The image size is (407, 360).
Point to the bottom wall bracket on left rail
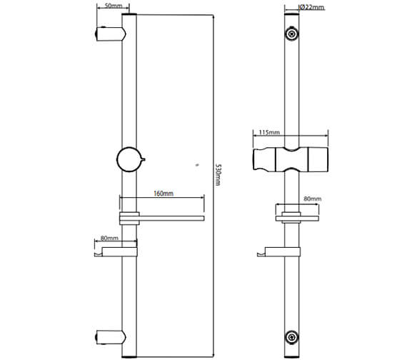107,334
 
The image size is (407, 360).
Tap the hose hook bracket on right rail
278,251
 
